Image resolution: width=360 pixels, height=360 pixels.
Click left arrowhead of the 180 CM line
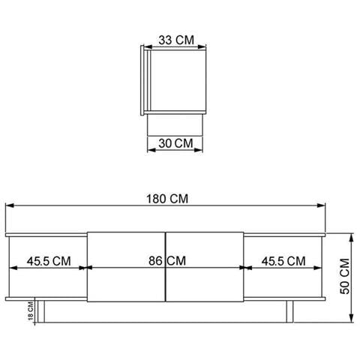[9, 205]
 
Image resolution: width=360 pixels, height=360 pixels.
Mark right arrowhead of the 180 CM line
[324, 205]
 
